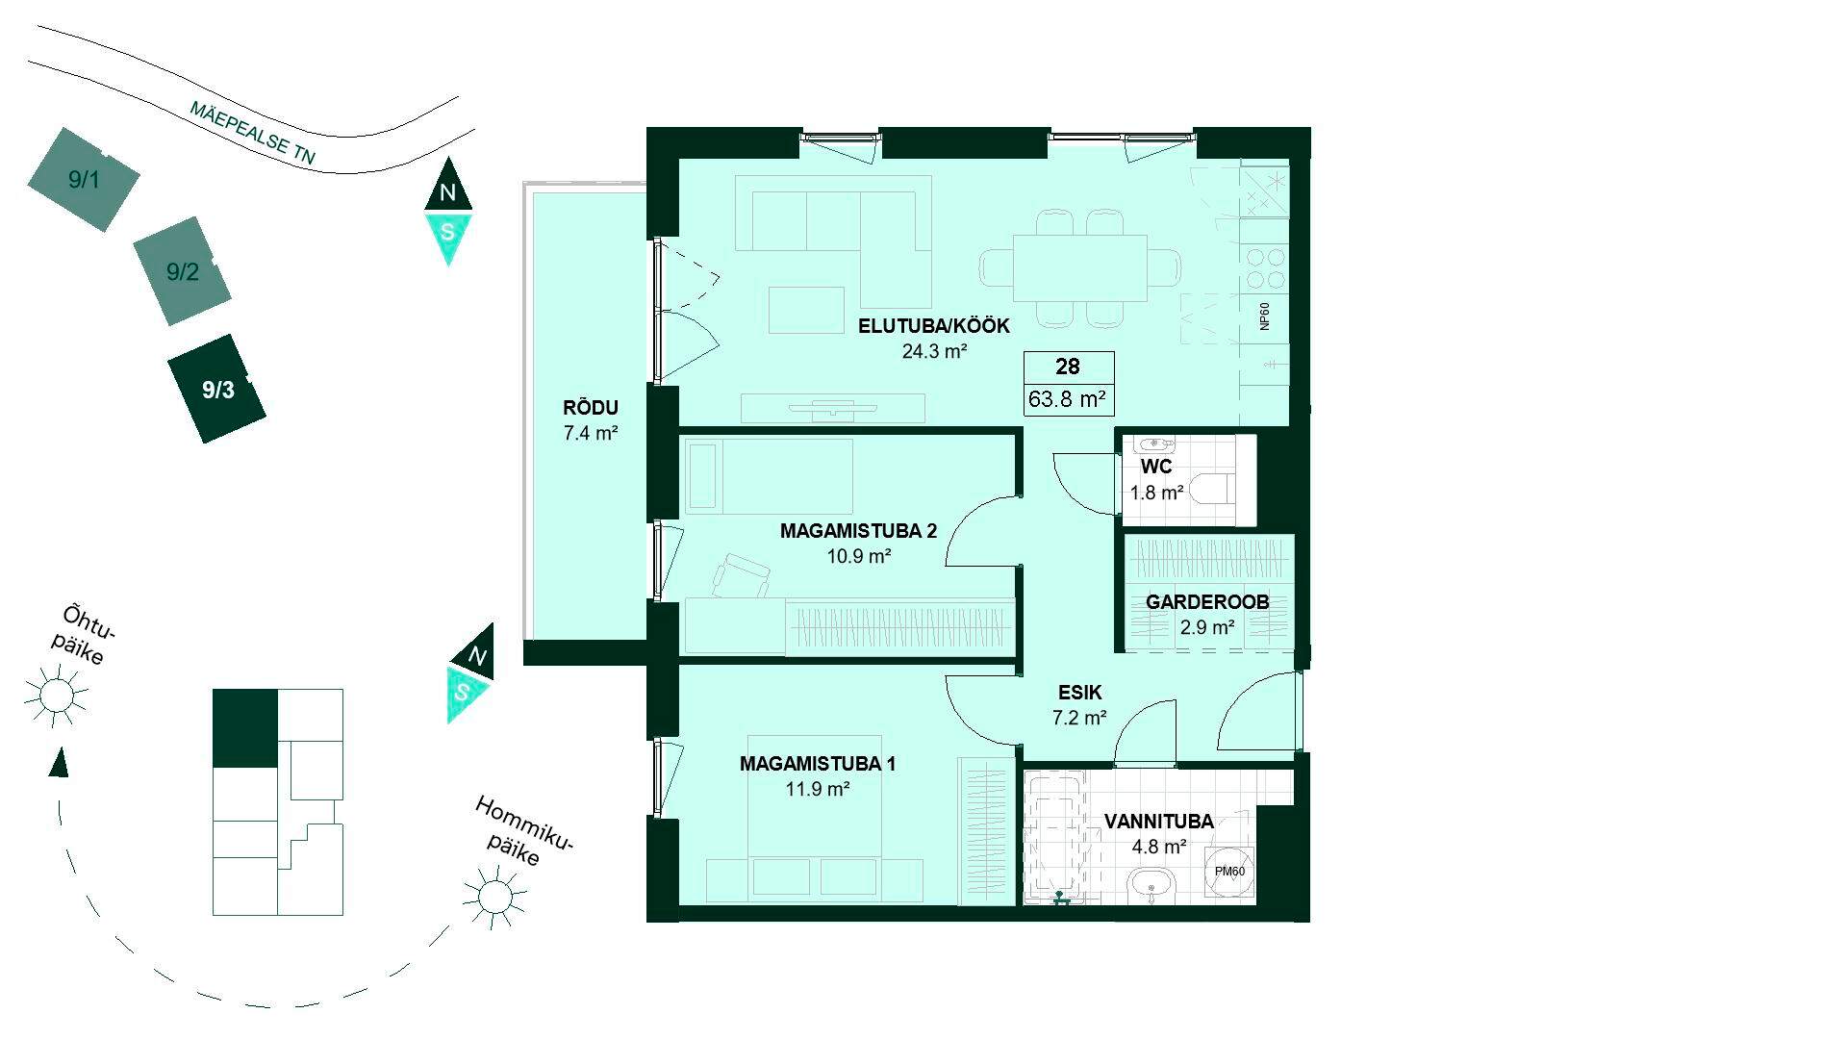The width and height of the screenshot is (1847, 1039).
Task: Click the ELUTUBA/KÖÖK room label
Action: tap(921, 326)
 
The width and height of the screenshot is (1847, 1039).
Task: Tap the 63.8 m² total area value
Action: tap(1067, 398)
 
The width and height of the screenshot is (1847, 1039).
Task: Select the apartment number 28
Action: tap(1068, 367)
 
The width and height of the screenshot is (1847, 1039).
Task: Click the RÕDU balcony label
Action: tap(591, 408)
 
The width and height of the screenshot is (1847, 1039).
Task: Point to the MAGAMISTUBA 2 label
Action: tap(858, 531)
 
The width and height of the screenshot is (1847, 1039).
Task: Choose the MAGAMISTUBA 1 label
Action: tap(818, 765)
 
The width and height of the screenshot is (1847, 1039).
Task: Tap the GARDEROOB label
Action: tap(1207, 602)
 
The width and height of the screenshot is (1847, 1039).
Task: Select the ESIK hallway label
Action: tap(1080, 692)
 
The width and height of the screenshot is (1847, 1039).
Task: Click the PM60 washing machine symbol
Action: tap(1229, 872)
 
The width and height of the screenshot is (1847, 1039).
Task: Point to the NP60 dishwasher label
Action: tap(1265, 317)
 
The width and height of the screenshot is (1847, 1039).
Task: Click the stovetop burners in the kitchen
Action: tap(1265, 268)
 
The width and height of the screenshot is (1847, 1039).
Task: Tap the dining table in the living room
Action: tap(1080, 267)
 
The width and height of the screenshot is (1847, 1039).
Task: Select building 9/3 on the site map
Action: tap(216, 389)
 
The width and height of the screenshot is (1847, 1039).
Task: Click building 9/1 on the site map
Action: tap(84, 179)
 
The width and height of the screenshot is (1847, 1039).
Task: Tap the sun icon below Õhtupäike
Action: tap(56, 694)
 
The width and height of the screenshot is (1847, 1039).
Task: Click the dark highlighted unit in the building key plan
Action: tap(244, 728)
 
